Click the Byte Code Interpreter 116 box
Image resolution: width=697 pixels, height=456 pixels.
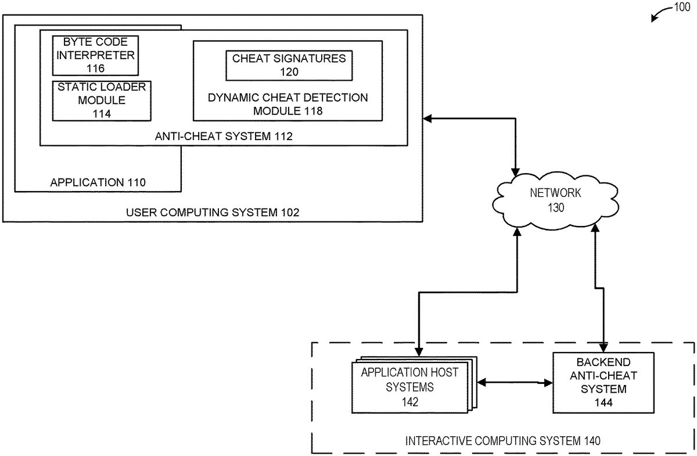(95, 56)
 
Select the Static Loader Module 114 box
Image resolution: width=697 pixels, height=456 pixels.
(101, 100)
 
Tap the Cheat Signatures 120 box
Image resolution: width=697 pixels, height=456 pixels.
(289, 65)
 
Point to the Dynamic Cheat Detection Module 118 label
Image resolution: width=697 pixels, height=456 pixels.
(288, 103)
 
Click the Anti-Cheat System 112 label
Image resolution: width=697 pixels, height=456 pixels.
(224, 137)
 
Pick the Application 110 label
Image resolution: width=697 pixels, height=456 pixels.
(98, 182)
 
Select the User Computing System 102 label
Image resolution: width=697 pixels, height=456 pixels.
(213, 212)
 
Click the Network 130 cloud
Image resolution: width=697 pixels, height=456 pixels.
(555, 200)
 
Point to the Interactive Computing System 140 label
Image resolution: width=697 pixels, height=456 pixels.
(503, 441)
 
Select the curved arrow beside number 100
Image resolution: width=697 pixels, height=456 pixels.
(660, 13)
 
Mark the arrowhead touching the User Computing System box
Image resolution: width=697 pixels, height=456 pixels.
(428, 119)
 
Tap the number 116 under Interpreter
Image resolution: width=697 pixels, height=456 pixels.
(95, 68)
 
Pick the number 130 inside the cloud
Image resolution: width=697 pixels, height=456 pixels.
(556, 207)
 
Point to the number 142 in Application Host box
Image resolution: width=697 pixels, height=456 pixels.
(410, 401)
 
